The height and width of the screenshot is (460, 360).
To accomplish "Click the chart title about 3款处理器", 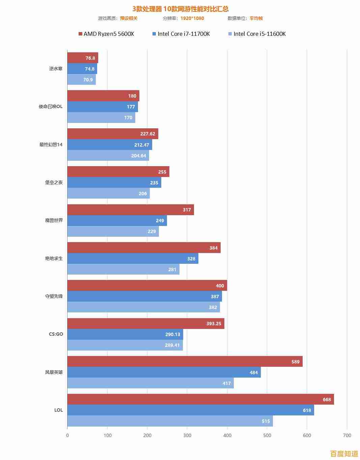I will (x=180, y=9).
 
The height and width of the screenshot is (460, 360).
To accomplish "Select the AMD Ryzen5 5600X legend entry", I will (x=106, y=34).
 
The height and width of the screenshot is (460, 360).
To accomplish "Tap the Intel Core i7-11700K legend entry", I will (x=181, y=34).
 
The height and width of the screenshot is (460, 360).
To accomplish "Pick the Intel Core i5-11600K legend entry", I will (x=257, y=34).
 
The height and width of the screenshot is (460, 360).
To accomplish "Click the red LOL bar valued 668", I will (x=200, y=399).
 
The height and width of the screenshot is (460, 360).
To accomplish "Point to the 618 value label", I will (x=307, y=410).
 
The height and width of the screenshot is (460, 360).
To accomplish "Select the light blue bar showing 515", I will (x=170, y=421).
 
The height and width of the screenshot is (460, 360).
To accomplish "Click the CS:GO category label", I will (x=56, y=334).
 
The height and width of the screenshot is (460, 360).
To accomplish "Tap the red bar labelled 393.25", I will (x=146, y=324).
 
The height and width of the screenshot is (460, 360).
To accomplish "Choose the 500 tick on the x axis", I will (x=267, y=435).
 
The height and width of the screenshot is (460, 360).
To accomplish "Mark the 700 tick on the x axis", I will (x=347, y=435).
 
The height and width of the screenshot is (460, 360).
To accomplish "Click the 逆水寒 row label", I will (x=56, y=69).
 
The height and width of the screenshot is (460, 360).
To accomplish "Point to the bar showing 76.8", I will (x=83, y=58).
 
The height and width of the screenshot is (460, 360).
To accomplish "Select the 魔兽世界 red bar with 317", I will (x=131, y=210).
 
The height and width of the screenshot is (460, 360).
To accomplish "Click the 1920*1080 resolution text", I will (x=192, y=18).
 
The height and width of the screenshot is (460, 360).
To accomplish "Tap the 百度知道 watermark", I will (x=344, y=453).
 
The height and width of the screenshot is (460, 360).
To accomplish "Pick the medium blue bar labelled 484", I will (x=164, y=372).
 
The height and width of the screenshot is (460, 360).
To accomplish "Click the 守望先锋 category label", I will (x=54, y=296).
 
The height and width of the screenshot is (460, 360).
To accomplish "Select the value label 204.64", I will (x=139, y=156).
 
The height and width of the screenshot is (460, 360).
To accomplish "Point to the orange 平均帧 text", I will (x=256, y=18).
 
